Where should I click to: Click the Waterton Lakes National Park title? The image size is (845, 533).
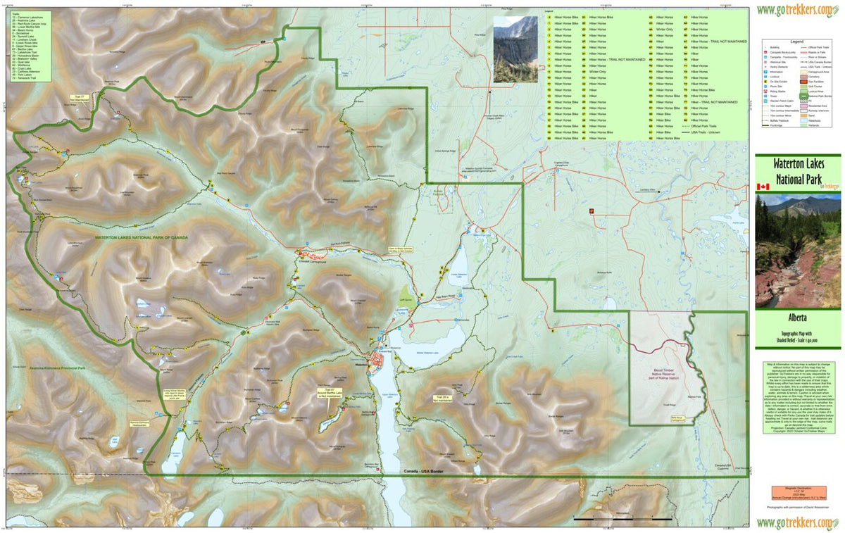pyautogui.click(x=797, y=172)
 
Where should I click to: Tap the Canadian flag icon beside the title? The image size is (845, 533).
pyautogui.click(x=762, y=187)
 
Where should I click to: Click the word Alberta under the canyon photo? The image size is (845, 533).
pyautogui.click(x=797, y=318)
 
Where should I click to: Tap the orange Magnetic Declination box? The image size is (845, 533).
pyautogui.click(x=797, y=492)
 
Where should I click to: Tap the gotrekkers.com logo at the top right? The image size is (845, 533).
pyautogui.click(x=797, y=10)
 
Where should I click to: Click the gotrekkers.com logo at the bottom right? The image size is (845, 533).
pyautogui.click(x=797, y=522)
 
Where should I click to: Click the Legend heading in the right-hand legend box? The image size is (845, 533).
pyautogui.click(x=797, y=42)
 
